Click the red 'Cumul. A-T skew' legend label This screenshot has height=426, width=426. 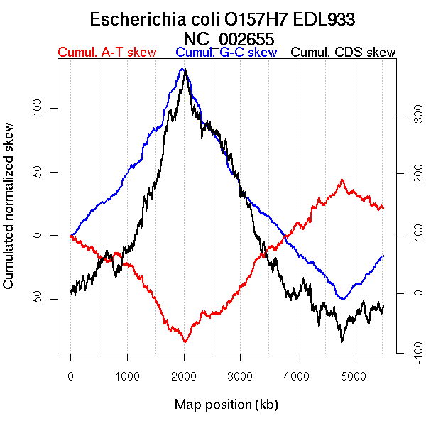[x=106, y=53]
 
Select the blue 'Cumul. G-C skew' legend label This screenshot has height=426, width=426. [x=226, y=53]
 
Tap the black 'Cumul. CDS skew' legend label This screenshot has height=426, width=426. [x=344, y=53]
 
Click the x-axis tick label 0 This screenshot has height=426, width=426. [x=70, y=376]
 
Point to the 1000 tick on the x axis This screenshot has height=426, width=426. [x=127, y=376]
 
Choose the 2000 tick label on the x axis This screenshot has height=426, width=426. [x=184, y=376]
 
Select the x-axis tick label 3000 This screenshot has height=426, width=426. [x=241, y=376]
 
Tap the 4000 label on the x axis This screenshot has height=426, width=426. [x=297, y=376]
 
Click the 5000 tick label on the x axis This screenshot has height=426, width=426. [x=354, y=376]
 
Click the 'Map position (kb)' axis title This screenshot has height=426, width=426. [x=226, y=405]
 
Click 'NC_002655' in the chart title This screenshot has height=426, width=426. [x=229, y=38]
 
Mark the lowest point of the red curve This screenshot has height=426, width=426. [x=185, y=342]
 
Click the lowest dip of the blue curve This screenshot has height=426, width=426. [x=343, y=299]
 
